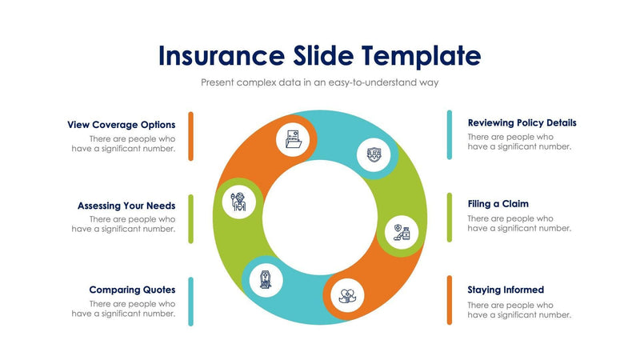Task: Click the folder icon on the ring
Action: pos(294,140)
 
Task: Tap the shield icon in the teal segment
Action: pos(374,154)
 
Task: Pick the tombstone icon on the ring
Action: pos(266,279)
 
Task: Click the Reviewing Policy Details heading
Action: pos(522,123)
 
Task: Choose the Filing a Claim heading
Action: pos(498,204)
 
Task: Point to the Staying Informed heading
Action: pos(506,290)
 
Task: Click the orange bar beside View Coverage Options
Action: pos(191,136)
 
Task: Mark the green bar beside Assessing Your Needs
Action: pos(191,218)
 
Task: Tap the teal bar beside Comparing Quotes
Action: pos(191,302)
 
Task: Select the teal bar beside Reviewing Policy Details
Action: pos(450,135)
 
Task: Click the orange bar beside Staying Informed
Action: pos(450,302)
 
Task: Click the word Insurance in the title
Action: pos(218,55)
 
